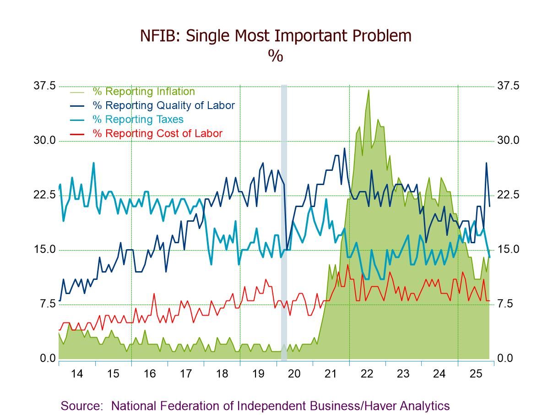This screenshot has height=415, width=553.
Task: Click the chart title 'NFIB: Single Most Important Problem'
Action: pos(276,36)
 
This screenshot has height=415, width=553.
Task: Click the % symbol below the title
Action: pos(276,55)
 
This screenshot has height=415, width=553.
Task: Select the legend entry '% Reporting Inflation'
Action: pos(144,92)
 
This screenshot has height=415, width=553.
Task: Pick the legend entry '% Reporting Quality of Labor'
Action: pos(163,105)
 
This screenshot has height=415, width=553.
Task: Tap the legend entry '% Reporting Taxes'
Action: pos(138,120)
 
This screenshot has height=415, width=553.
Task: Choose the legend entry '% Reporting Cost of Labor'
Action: pos(157,134)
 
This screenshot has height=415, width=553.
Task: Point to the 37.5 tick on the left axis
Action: pos(44,86)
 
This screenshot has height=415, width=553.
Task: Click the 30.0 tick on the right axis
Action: pos(508,141)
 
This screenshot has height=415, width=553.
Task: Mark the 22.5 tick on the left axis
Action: pos(44,195)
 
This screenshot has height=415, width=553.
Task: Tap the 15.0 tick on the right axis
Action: pos(508,250)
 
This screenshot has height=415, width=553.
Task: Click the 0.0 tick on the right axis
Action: pos(505,359)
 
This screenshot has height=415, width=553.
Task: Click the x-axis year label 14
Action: pos(77,374)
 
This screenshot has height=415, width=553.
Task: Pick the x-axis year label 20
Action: pos(294,374)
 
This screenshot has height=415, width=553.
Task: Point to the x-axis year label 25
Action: pos(476,374)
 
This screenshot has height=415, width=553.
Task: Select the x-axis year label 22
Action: pos(367,374)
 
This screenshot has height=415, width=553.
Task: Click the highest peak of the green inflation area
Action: pos(369,90)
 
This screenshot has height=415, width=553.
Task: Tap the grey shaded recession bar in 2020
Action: pos(284,220)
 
